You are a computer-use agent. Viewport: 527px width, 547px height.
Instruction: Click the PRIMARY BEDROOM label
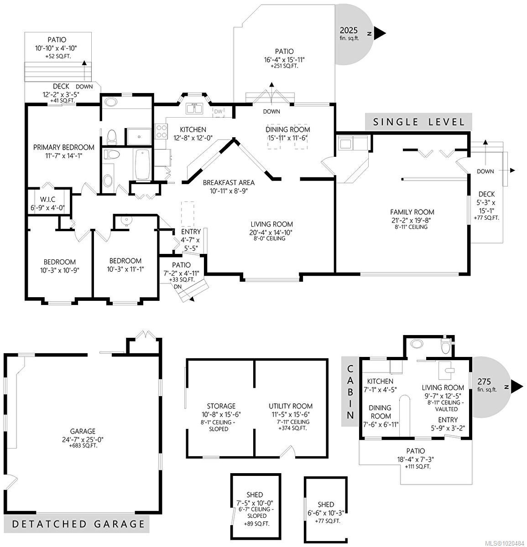pos(64,147)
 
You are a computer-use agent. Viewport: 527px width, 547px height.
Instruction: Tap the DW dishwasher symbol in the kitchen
pos(219,111)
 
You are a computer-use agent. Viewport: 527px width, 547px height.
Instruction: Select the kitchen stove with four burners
pos(161,131)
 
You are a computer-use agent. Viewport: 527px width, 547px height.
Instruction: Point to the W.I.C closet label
pos(47,199)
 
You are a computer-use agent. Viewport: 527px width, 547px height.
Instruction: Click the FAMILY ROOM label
pos(412,212)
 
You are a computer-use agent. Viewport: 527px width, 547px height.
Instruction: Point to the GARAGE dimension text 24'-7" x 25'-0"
pos(83,439)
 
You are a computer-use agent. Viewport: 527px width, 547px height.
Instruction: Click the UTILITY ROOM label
pos(291,406)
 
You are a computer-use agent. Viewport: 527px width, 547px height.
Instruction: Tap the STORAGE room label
pos(221,406)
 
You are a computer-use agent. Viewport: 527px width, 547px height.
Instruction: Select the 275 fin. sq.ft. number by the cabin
pos(484,382)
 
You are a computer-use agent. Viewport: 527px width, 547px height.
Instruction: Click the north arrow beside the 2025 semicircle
pos(380,33)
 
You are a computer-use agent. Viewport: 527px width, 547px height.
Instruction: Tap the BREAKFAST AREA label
pos(229,183)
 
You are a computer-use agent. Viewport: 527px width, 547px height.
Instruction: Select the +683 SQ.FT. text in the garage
pos(83,446)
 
